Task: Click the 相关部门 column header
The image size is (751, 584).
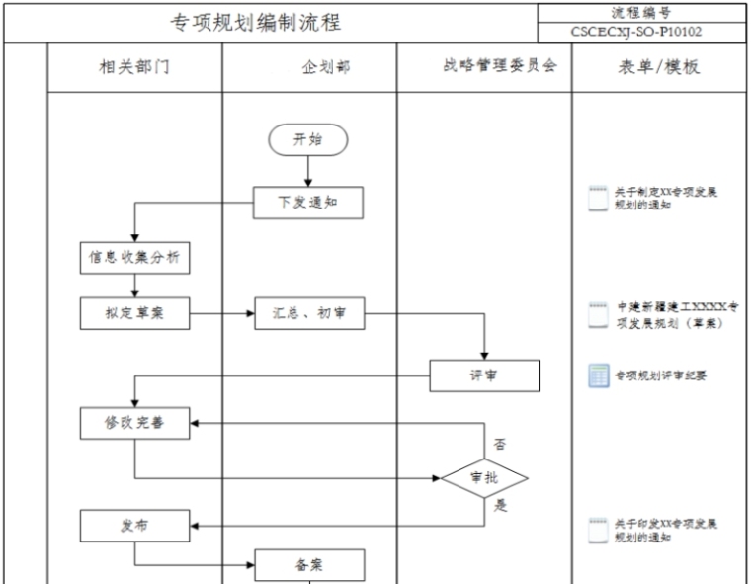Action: point(134,68)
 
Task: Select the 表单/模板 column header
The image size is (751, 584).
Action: point(659,68)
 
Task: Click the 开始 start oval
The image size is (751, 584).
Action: point(307,140)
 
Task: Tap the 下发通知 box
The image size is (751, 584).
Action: point(307,203)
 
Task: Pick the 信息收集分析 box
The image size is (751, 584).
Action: point(134,258)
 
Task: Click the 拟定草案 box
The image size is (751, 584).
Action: point(134,313)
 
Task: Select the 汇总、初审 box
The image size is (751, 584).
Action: point(309,313)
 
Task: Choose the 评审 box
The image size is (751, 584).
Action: point(484,375)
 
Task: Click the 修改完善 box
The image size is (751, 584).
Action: point(134,423)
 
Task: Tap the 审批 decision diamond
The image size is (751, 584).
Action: point(484,478)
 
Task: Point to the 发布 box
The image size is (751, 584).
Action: point(134,525)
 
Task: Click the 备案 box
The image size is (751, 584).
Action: point(309,565)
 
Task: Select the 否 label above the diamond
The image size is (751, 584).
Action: point(500,445)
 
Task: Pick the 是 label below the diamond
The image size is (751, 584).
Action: point(500,506)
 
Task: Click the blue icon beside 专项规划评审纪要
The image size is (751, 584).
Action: point(598,375)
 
